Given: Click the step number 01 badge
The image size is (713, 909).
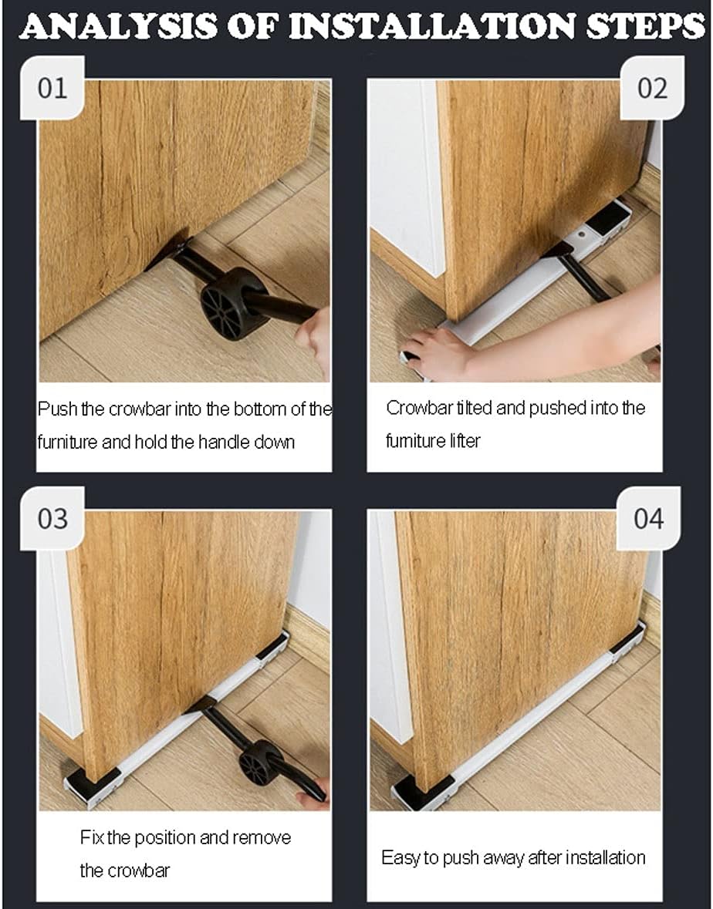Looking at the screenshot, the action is pyautogui.click(x=52, y=88).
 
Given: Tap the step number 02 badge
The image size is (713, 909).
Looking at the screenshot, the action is pyautogui.click(x=652, y=88).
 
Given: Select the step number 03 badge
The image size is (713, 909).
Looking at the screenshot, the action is pyautogui.click(x=52, y=519).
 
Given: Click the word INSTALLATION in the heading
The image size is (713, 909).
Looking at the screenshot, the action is pyautogui.click(x=434, y=27).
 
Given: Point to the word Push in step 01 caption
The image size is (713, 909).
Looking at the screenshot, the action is pyautogui.click(x=57, y=409).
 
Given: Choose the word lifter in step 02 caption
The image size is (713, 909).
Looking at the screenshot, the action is pyautogui.click(x=465, y=441).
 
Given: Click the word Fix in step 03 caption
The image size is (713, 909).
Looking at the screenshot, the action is pyautogui.click(x=92, y=838).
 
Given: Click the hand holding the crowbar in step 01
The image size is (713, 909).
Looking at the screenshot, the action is pyautogui.click(x=313, y=342).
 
